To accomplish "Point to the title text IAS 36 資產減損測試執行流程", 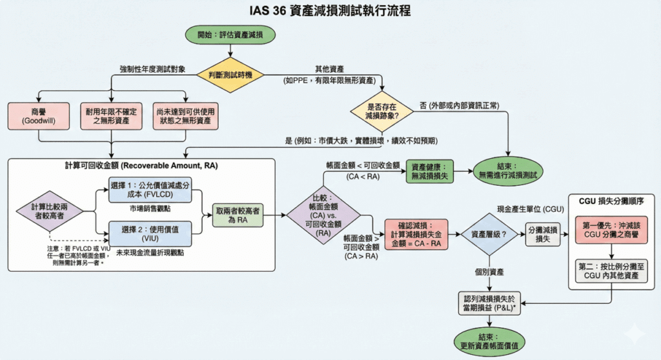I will [x=330, y=11].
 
